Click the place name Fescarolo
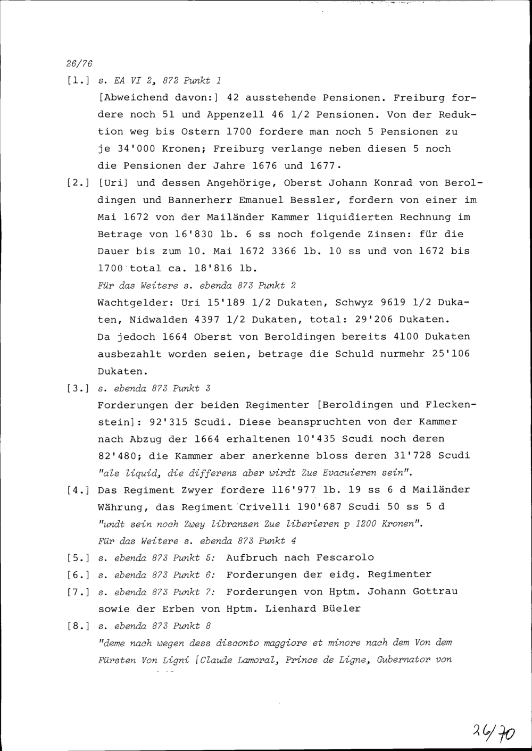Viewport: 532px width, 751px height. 345,558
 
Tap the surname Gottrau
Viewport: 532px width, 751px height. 432,591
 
